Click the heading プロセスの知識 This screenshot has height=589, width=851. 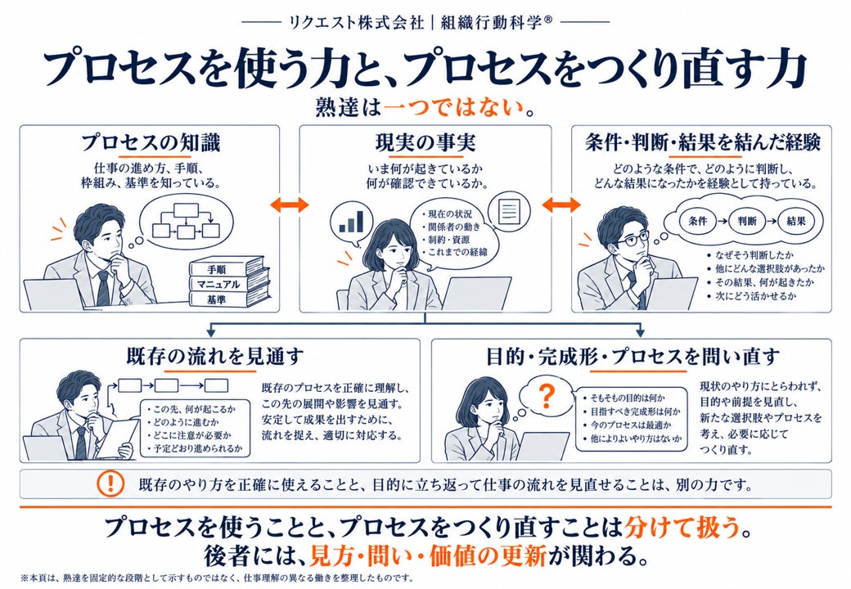coord(151,142)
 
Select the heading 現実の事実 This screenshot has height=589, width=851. coord(425,142)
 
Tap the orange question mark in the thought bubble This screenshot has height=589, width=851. coord(547,397)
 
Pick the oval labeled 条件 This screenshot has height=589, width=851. coord(698,221)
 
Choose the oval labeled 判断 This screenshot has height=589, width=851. coord(747,221)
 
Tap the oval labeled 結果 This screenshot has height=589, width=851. coord(796,221)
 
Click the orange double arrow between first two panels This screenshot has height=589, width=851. coord(290,205)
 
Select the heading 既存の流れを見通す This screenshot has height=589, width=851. coord(215,356)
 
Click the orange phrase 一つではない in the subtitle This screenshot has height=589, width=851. coord(453,108)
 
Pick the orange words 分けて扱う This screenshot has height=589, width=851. coord(682,527)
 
